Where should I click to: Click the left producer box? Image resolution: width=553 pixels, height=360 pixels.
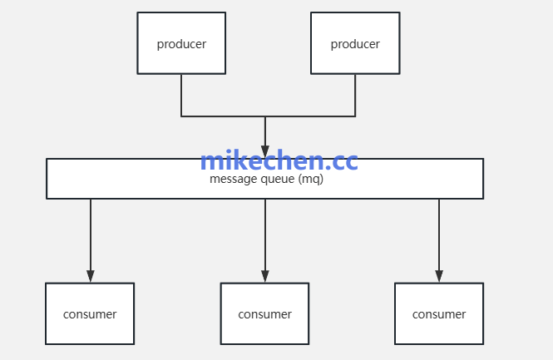pos(181,43)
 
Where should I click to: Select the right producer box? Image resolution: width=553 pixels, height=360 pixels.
pos(355,43)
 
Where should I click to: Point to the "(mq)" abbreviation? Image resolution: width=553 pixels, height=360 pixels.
pos(310,180)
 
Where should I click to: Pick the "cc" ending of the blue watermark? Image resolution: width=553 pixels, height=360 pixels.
pos(344,161)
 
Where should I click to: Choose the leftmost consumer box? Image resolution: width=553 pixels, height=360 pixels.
pos(90,313)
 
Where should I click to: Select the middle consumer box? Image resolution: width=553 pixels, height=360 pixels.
pos(264,313)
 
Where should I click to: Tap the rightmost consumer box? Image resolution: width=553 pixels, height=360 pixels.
pos(439,313)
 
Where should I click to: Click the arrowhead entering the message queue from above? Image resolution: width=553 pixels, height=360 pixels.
pos(265,152)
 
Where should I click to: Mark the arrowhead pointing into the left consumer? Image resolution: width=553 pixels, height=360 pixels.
pos(91,276)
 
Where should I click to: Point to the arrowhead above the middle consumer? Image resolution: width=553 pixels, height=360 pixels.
pos(265,276)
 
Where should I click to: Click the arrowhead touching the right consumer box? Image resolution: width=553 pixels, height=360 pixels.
pos(439,276)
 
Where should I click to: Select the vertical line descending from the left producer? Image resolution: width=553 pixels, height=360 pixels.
pos(181,95)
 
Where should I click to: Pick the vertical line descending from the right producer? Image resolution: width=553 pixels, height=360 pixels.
pos(355,95)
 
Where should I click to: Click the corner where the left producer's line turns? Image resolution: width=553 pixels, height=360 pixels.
pos(181,116)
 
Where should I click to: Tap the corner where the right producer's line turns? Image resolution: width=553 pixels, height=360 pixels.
pos(355,116)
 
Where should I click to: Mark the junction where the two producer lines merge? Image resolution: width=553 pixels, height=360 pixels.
pos(265,116)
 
